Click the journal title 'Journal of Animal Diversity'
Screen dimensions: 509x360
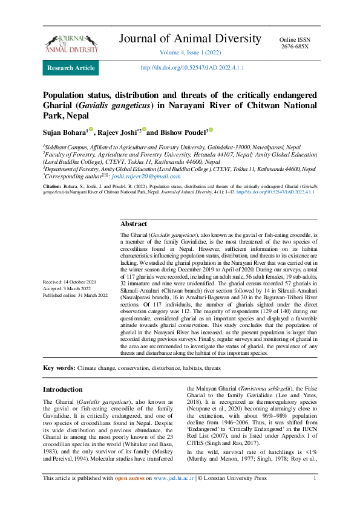(190, 39)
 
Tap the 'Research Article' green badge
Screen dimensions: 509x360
(71, 68)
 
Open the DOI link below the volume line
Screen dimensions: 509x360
(192, 68)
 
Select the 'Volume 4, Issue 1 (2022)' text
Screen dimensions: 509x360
(191, 53)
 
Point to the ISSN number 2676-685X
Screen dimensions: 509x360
(295, 46)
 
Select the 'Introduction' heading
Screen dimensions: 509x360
(62, 389)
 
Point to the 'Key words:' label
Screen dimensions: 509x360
(59, 368)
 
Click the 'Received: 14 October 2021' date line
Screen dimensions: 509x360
(70, 282)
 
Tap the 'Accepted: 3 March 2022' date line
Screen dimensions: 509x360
(68, 288)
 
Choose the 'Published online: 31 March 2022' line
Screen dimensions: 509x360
(75, 295)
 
